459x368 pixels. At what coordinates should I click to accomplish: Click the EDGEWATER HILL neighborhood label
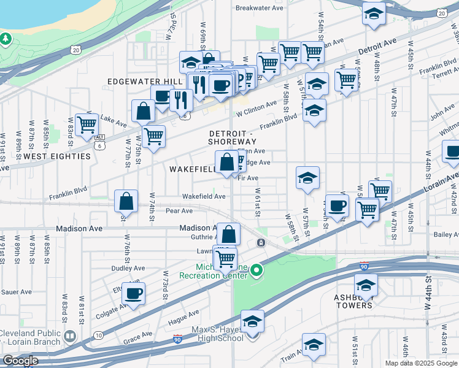coord(145,82)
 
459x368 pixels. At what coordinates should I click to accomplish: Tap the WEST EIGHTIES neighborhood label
coord(54,156)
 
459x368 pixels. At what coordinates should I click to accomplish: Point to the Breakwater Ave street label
coord(260,9)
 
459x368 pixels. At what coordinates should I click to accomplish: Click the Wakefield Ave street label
coord(204,197)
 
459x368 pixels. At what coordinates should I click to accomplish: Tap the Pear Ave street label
coord(179,210)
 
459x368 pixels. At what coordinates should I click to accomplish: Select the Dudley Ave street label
coord(128,268)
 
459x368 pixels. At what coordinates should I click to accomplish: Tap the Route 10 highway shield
coord(98,335)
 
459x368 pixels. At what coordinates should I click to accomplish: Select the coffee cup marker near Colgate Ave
coord(133,293)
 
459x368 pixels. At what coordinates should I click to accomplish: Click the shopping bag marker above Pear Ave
coord(126,200)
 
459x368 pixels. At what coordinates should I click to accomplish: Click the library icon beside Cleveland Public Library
coord(69,335)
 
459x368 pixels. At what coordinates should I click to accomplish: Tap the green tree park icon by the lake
coord(6,39)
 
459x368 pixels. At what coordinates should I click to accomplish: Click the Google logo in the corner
coord(20,361)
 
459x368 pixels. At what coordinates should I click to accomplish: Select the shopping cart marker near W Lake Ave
coord(87,124)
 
